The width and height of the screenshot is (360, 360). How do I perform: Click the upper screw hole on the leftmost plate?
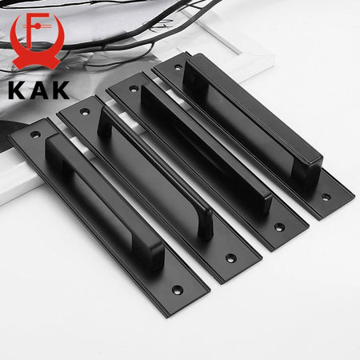click(x=35, y=134)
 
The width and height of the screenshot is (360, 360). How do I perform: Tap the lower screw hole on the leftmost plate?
click(x=177, y=290)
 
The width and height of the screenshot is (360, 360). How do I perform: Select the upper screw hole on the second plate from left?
click(x=85, y=112)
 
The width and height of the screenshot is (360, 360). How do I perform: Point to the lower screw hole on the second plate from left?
click(x=230, y=258)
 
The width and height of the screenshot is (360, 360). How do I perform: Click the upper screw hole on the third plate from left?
click(x=134, y=89)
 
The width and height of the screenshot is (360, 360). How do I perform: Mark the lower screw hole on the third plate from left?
click(x=279, y=227)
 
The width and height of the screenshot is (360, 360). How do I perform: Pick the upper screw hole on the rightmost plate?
click(x=178, y=67)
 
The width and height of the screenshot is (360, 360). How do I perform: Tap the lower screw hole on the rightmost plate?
click(x=326, y=198)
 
